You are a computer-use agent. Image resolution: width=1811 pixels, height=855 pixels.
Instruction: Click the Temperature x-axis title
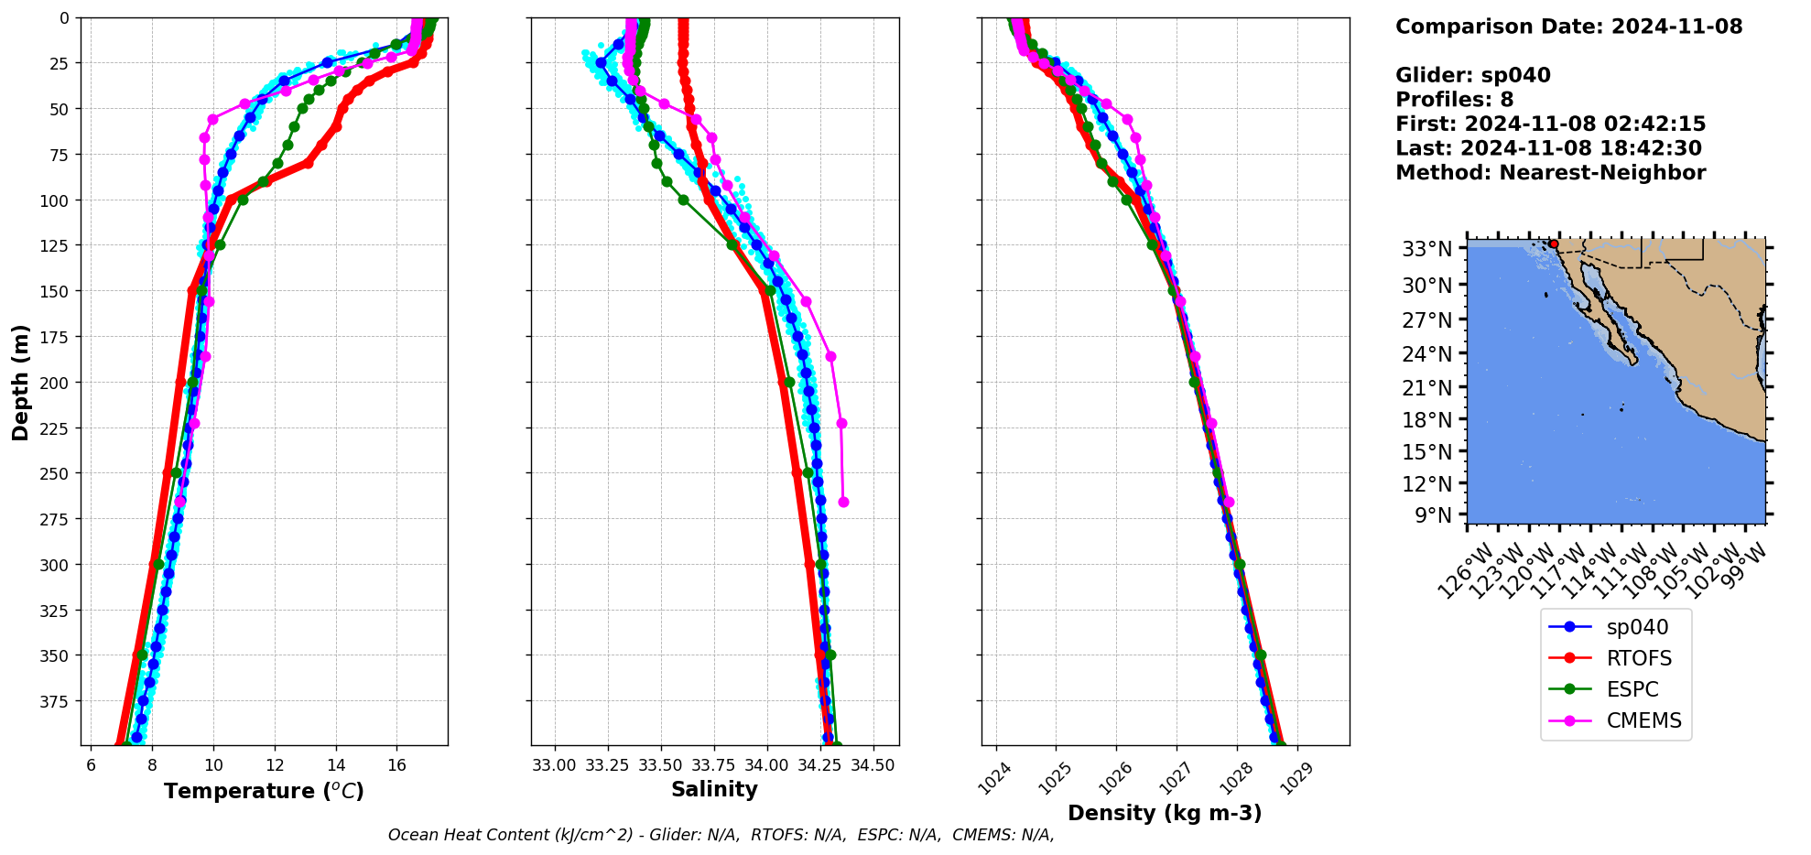(264, 791)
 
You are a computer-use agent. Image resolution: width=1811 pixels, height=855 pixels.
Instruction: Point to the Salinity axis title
(714, 789)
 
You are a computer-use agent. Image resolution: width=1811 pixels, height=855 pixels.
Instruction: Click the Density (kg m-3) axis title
(1165, 813)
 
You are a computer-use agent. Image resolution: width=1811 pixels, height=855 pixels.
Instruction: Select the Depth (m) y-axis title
(21, 382)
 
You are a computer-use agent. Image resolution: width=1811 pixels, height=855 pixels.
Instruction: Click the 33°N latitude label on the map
(1427, 249)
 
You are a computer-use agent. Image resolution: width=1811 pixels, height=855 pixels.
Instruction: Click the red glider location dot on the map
(1554, 244)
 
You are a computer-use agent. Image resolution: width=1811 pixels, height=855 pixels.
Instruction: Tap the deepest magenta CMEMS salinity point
(843, 502)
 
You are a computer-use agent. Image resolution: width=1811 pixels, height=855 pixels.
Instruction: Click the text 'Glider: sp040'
(1472, 75)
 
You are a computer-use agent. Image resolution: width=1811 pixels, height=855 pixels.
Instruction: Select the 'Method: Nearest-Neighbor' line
(1550, 173)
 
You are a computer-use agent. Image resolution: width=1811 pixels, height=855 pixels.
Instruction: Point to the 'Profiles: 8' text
(1454, 100)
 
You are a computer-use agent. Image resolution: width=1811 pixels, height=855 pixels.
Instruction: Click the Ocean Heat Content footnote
(721, 835)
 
